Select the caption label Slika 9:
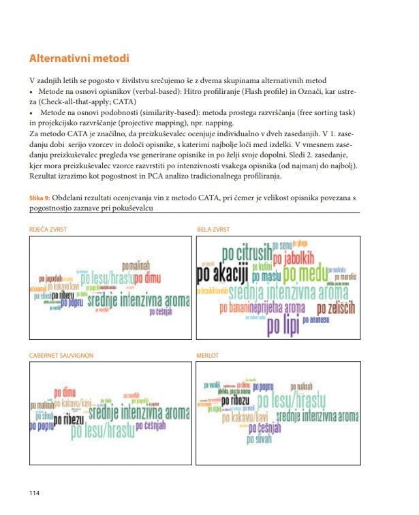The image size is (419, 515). point(42,197)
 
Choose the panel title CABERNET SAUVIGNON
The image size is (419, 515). point(61,355)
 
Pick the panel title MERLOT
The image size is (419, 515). point(208,355)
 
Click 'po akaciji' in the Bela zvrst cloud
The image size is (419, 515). point(221,275)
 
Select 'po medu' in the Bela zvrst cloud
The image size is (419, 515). point(305,274)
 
